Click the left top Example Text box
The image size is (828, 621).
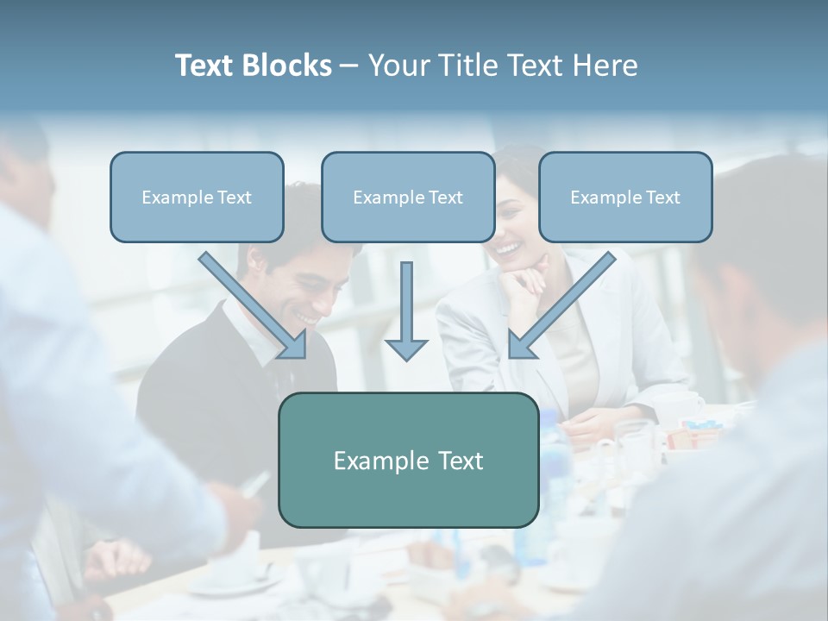[197, 197]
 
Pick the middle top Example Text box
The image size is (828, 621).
[408, 197]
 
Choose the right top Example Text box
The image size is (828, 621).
[625, 197]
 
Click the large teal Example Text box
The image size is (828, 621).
[408, 460]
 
